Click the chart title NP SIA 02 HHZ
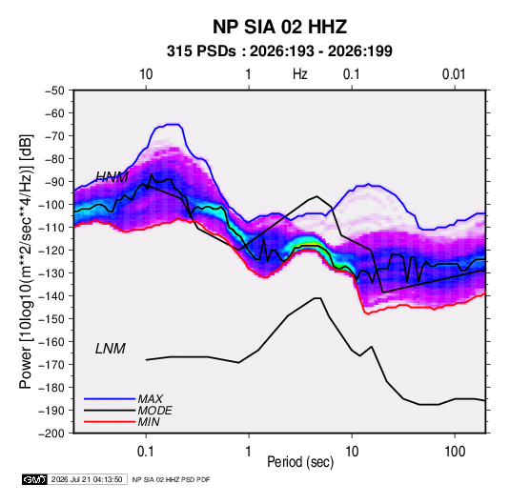pos(279,27)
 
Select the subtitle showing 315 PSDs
pos(279,51)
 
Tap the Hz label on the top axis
pos(299,74)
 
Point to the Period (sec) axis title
pos(300,462)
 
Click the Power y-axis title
pos(26,262)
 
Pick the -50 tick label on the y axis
pos(54,91)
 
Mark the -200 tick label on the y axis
pos(51,433)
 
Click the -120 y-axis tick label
pos(51,251)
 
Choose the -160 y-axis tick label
pos(51,342)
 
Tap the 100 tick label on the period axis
pos(455,452)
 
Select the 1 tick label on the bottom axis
pos(249,452)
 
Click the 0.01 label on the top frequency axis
pos(454,74)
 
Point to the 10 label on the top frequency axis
pos(146,74)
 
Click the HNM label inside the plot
pos(112,177)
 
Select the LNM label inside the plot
pos(111,349)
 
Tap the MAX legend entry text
pos(151,399)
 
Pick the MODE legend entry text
pos(154,411)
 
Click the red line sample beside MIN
pos(110,422)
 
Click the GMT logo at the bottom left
pos(35,479)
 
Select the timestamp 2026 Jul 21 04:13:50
pos(87,479)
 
